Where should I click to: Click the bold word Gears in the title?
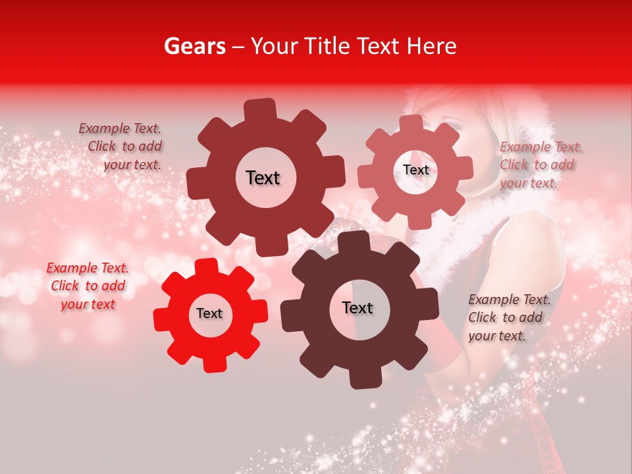[194, 46]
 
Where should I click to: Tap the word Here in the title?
[431, 46]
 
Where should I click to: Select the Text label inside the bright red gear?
[209, 314]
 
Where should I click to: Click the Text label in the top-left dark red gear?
[263, 178]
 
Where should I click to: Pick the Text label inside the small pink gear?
[415, 170]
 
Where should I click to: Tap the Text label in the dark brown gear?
[357, 308]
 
